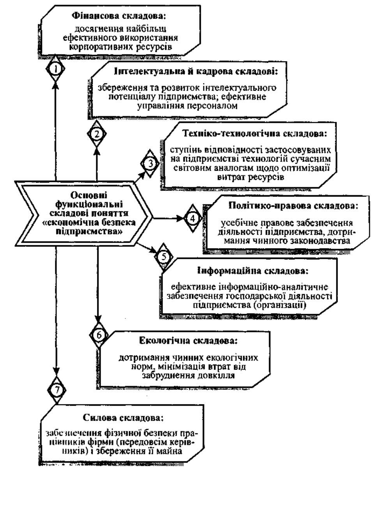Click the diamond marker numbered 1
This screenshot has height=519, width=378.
coord(55,69)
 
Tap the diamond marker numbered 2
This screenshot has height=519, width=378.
coord(97,134)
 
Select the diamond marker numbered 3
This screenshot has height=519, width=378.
coord(150,164)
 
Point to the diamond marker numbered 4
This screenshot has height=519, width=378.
coord(193,218)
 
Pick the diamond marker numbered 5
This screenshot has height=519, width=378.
coord(164,257)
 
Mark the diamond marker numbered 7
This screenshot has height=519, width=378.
coord(57,390)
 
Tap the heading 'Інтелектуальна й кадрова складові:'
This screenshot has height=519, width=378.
coord(196,72)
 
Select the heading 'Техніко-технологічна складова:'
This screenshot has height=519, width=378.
coord(254,134)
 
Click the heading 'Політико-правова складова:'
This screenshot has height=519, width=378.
coord(293,206)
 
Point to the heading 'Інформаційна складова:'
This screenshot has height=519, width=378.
coord(253,271)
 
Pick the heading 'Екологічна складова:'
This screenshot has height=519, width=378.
coord(188,341)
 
